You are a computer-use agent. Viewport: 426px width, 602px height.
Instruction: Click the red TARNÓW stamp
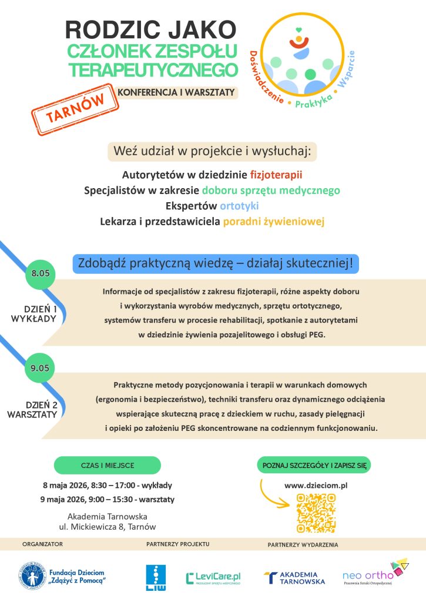[x=71, y=108]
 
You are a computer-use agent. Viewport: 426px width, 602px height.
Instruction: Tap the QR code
[x=316, y=513]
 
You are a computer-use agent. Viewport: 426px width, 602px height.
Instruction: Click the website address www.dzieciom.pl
[x=316, y=486]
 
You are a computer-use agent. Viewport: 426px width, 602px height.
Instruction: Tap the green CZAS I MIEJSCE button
[x=108, y=465]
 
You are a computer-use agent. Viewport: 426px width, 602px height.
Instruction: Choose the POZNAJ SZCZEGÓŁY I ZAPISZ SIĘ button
[x=316, y=465]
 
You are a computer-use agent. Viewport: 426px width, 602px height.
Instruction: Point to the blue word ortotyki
[x=239, y=206]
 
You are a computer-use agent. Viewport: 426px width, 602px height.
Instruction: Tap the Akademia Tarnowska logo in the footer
[x=294, y=578]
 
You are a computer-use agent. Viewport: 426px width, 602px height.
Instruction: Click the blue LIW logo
[x=156, y=578]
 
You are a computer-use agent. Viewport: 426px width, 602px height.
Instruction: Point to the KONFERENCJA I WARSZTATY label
[x=176, y=92]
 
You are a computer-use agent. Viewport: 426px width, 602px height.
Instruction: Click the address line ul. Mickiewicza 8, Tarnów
[x=108, y=527]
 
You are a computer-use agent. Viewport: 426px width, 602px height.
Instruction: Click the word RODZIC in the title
[x=103, y=30]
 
